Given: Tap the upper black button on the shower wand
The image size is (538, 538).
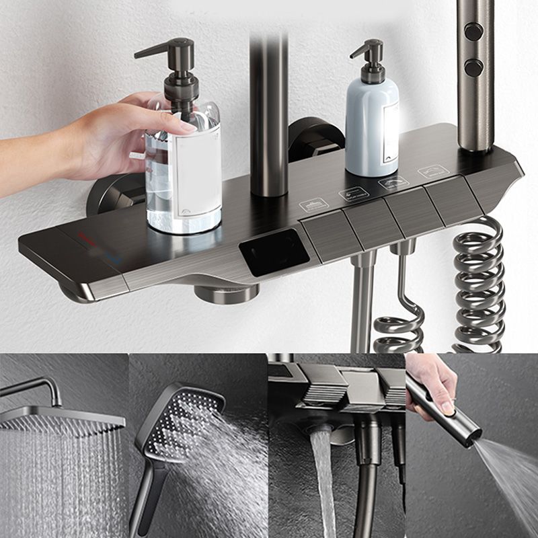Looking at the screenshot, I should [x=473, y=32].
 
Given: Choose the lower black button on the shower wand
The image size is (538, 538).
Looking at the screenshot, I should [x=473, y=67].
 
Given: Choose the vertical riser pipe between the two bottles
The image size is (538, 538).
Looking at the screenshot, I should [x=269, y=114].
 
